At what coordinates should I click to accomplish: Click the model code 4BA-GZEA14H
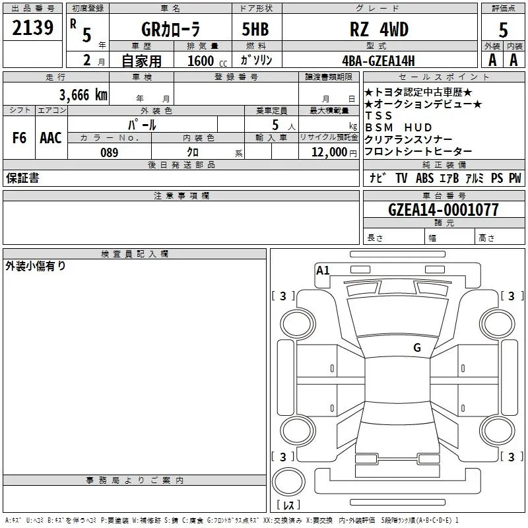[378, 61]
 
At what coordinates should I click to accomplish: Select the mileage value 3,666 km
[83, 94]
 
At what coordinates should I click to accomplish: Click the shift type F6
[19, 138]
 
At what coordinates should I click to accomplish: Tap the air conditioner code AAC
[50, 138]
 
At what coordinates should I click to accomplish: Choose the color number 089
[109, 152]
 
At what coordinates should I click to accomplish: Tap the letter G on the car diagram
[417, 348]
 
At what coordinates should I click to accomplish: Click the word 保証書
[22, 178]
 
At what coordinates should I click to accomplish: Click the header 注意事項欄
[181, 196]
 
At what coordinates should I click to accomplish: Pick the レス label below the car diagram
[288, 506]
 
